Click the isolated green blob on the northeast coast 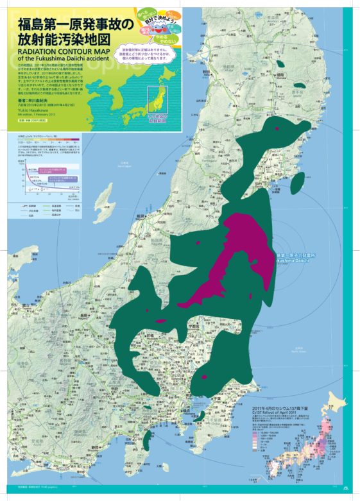[299, 182]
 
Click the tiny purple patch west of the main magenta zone [160, 319]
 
